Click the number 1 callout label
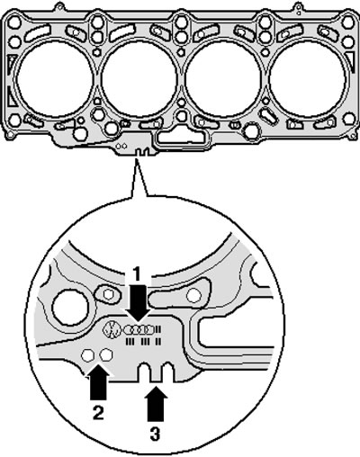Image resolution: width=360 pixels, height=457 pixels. (137, 274)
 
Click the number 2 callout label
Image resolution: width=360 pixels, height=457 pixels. (98, 413)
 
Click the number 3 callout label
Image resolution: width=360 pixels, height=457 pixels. (155, 434)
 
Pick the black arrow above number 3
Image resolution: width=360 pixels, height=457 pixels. (156, 404)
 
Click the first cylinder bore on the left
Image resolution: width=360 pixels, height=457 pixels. (54, 78)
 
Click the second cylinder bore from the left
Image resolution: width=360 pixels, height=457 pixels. (139, 78)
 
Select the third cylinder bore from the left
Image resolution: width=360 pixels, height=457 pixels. (222, 78)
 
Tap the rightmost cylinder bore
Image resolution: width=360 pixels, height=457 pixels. (307, 78)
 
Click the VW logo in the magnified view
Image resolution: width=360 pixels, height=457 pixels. (111, 329)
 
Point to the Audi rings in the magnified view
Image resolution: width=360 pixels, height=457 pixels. (139, 330)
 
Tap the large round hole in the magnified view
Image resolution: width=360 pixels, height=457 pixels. (70, 307)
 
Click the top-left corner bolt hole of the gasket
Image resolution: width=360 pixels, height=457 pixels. (14, 22)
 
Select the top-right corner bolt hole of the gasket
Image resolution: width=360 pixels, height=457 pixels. (347, 22)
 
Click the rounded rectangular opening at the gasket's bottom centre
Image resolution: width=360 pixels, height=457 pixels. (181, 137)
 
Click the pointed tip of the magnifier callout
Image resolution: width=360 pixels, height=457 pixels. (136, 159)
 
